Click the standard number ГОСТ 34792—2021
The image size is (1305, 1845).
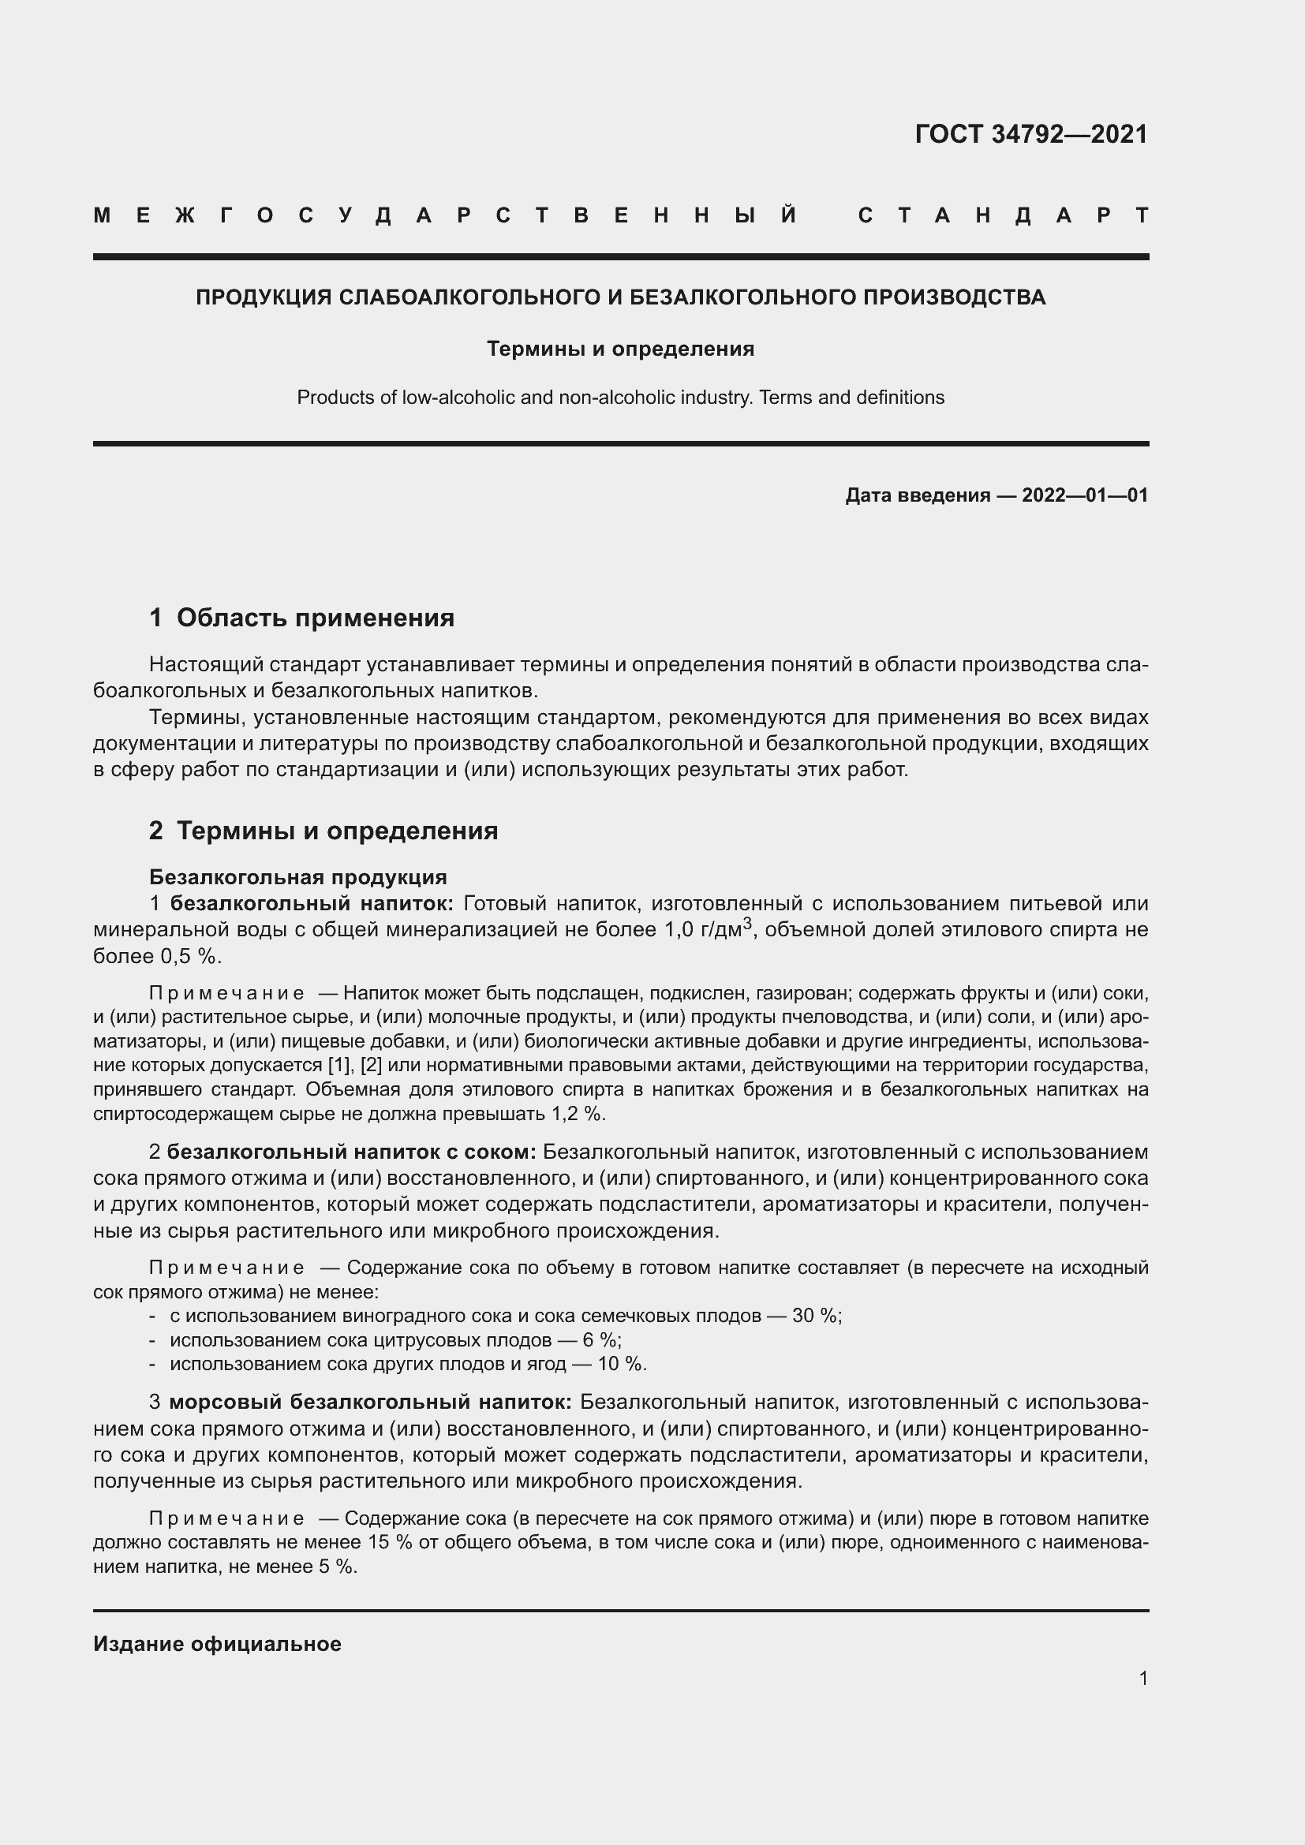[x=1031, y=133]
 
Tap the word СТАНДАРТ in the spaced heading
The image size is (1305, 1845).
[x=1003, y=215]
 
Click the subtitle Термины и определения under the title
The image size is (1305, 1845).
[x=620, y=349]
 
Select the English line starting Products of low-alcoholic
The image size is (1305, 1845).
[x=620, y=397]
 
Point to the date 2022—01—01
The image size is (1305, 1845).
[x=1085, y=495]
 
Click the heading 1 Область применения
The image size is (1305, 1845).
[x=301, y=617]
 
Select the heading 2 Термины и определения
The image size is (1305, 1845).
[x=323, y=830]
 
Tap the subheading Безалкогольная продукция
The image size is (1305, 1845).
[x=298, y=876]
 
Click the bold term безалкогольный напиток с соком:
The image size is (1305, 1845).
[x=352, y=1152]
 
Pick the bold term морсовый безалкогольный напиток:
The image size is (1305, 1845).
[x=371, y=1402]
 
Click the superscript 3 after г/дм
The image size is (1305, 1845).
[x=747, y=924]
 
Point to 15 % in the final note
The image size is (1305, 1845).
[x=389, y=1542]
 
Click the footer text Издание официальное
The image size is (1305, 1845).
[x=217, y=1643]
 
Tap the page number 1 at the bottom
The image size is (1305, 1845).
[x=1143, y=1678]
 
